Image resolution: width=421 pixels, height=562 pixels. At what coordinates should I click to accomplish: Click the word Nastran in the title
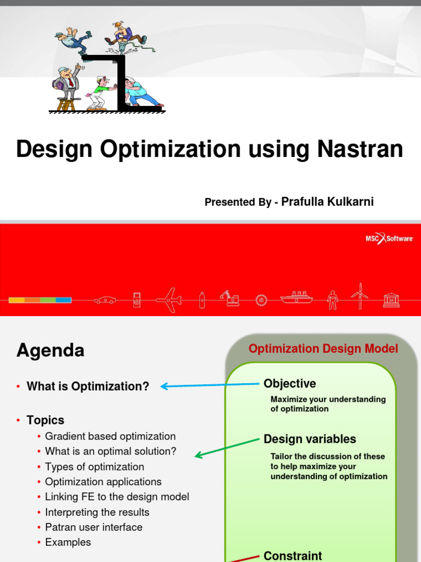coord(360,149)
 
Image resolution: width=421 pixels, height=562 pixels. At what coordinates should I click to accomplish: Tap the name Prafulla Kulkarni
coord(327,202)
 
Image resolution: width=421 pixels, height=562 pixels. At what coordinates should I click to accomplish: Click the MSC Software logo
coord(389,238)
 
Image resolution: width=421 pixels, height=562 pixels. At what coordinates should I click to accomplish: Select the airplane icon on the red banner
coord(169,300)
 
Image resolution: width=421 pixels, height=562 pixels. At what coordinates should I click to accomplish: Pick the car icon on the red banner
coord(105,300)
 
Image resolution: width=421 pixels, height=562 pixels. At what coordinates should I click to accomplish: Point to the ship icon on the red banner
coord(297,297)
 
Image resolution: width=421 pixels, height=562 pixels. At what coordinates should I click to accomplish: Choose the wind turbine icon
coord(360,296)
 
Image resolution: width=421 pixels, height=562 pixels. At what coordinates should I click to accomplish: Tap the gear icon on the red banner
coord(261,300)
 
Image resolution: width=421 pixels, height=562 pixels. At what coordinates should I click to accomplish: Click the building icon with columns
coord(391,300)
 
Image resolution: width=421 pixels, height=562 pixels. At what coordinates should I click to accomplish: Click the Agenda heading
coord(50,350)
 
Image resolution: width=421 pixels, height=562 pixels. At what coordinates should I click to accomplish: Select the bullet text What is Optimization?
coord(88,386)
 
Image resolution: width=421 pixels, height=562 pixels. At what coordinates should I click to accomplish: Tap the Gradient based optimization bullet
coord(110,436)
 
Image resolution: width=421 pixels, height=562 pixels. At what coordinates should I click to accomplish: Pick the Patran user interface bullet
coord(94,527)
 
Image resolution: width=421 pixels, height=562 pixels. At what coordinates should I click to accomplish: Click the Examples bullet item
coord(68,542)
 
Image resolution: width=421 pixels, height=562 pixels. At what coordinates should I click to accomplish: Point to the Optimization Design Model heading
coord(323,349)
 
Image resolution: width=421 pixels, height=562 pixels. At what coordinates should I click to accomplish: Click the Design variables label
coord(310,439)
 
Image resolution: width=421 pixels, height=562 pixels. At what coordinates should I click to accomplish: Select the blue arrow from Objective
coord(210,385)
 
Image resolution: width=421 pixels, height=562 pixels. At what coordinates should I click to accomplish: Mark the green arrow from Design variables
coord(227,447)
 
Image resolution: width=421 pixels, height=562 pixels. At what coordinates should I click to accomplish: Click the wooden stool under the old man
coord(66,104)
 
